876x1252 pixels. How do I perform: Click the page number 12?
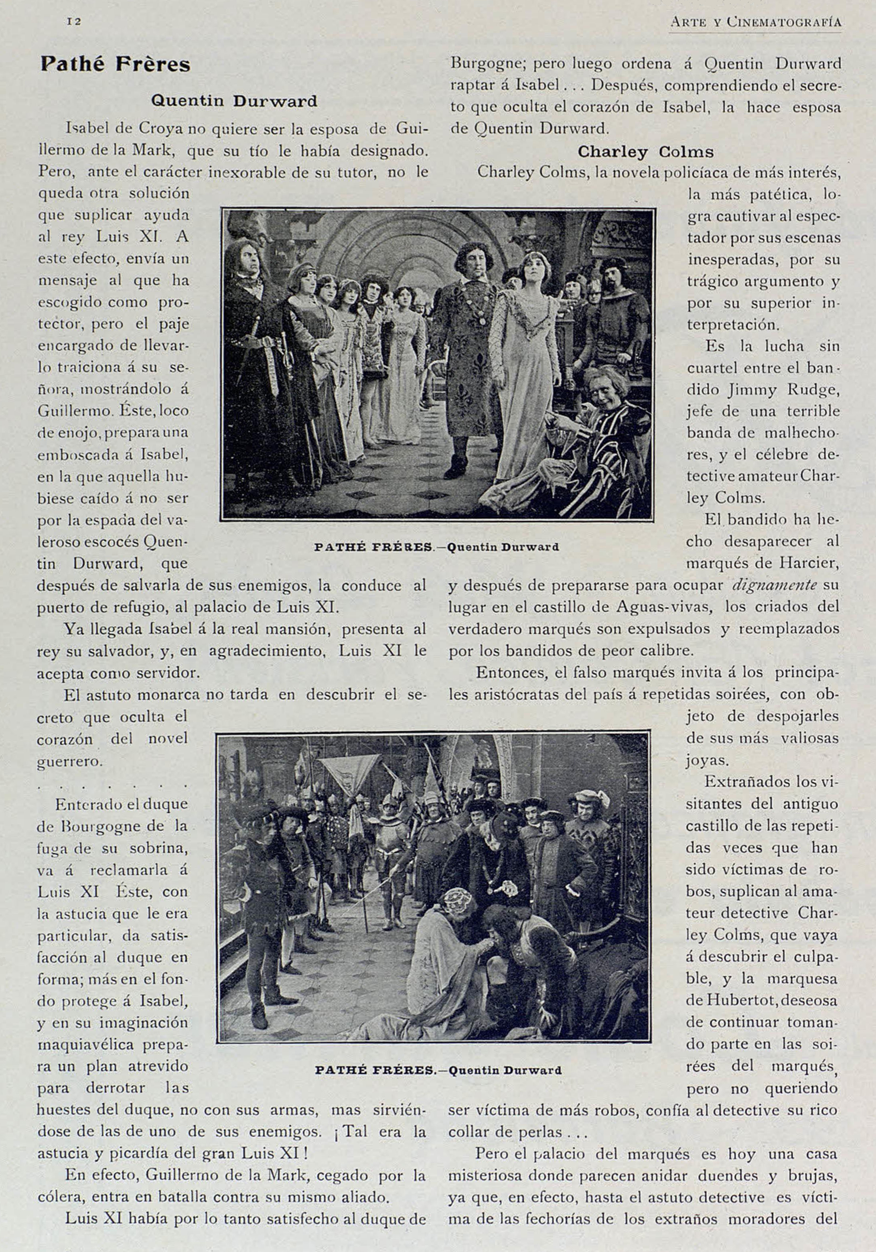click(x=73, y=21)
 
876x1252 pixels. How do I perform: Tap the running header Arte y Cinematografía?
click(x=756, y=22)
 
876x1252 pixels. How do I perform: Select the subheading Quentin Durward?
click(x=234, y=102)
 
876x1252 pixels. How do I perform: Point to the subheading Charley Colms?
click(x=645, y=152)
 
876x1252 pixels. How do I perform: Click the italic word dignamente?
click(x=775, y=585)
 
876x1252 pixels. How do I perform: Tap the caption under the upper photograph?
click(x=437, y=547)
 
